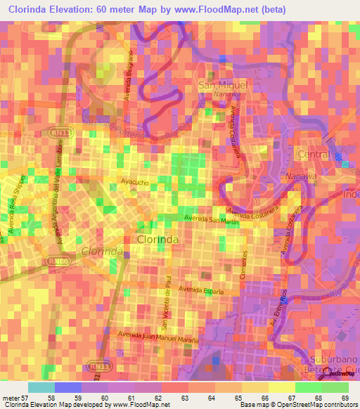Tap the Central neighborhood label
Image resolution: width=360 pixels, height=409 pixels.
(x=314, y=154)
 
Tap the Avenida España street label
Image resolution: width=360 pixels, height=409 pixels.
(x=201, y=290)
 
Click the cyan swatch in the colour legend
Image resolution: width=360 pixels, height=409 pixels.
(x=41, y=387)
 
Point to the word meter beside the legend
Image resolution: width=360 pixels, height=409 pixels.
(x=11, y=398)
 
